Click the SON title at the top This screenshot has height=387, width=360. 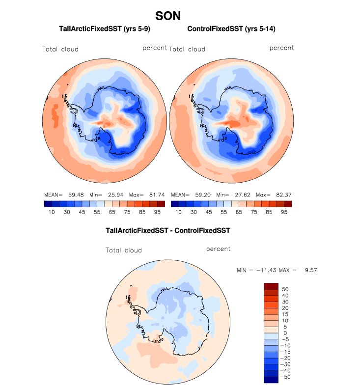point(168,16)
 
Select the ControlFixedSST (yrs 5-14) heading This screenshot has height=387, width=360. point(231,29)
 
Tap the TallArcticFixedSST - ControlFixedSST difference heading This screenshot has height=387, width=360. point(168,230)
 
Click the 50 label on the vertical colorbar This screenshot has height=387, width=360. point(285,289)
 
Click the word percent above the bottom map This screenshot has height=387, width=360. point(219,249)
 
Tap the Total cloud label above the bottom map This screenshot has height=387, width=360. point(124,250)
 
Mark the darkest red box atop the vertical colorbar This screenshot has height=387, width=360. point(271,286)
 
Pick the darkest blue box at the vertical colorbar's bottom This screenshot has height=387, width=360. point(271,380)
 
